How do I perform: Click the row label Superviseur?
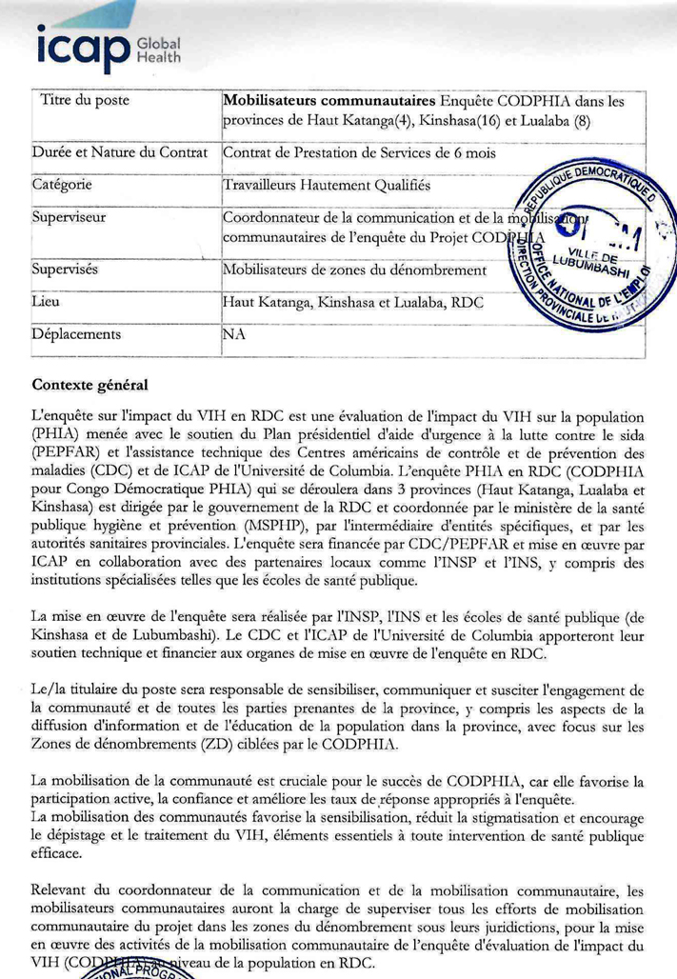[70, 217]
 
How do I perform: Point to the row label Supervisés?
[68, 269]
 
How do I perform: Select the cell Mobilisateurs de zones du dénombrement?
[354, 270]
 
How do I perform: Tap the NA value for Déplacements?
[234, 335]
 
